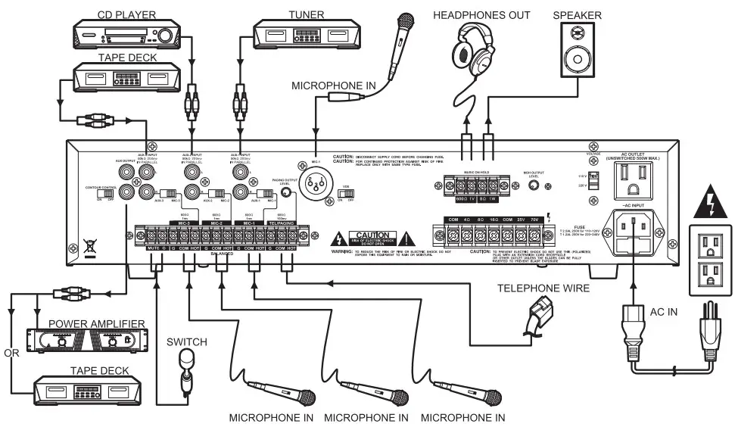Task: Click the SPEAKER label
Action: [x=578, y=14]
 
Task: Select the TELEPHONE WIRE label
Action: [x=543, y=288]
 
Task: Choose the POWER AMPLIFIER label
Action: [x=96, y=325]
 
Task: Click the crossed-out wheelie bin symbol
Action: [x=88, y=245]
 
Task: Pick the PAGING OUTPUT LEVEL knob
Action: [x=285, y=193]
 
